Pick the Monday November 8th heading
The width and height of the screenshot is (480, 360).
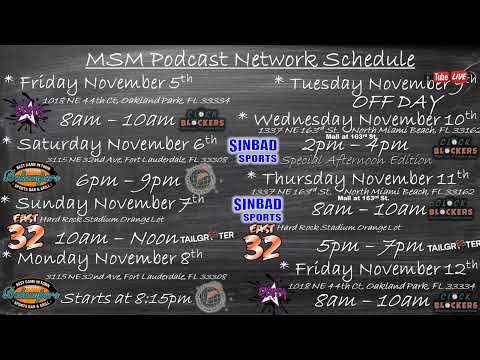tap(110, 258)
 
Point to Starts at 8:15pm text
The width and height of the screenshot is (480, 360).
tap(126, 298)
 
